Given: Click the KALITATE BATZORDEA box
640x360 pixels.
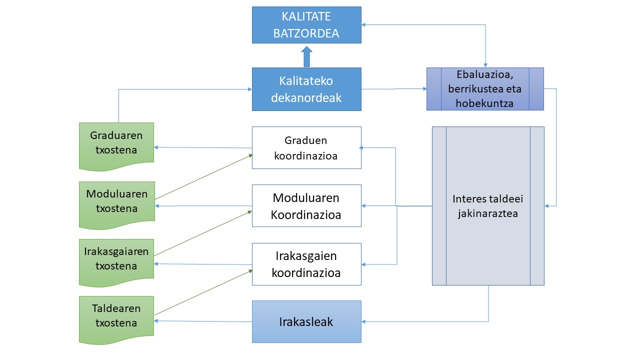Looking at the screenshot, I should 306,24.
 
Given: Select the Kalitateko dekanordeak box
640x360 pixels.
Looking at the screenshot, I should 306,89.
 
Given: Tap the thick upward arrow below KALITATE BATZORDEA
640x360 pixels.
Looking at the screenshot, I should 306,56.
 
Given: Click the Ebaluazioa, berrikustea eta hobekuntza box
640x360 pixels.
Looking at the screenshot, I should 485,89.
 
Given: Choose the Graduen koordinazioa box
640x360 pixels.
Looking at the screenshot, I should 306,147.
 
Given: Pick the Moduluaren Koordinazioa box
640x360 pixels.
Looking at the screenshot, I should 306,206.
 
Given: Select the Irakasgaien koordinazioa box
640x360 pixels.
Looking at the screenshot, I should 306,264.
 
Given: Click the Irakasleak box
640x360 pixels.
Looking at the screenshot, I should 306,321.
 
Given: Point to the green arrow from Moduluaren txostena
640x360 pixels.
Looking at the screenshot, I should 203,177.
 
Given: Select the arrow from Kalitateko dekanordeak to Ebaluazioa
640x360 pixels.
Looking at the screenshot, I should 394,89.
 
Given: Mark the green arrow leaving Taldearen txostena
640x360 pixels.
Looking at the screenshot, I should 203,293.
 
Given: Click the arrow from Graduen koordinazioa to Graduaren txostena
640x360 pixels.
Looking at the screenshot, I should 203,147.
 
